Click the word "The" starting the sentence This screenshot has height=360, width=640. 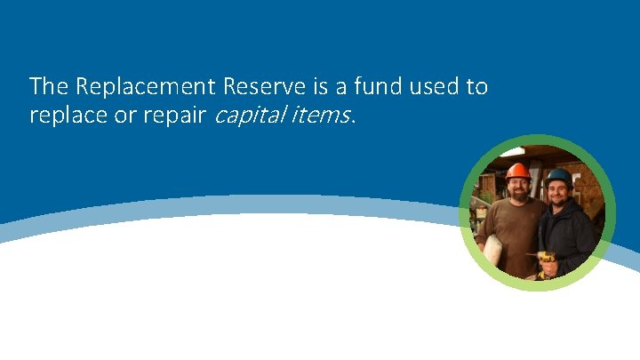coord(49,87)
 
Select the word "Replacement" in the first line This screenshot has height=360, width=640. coord(146,87)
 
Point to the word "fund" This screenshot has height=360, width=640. coord(375,87)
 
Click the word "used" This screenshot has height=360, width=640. coord(432,87)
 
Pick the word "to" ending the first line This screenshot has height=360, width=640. coord(477,87)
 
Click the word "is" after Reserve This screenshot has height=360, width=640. coord(319,87)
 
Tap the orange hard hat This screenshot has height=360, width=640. coord(517,171)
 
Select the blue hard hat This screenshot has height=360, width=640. coord(559,177)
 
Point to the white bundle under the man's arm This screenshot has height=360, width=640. coord(492,249)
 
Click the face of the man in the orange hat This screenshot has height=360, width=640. coord(518,188)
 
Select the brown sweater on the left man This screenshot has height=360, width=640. coord(514,227)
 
